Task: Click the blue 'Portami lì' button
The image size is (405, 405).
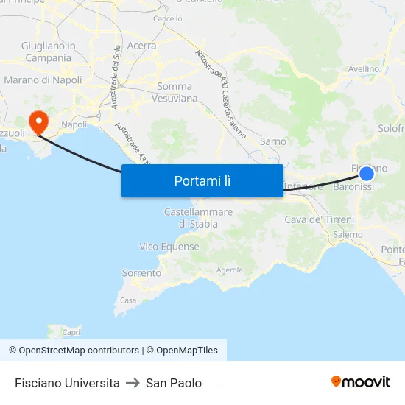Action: click(202, 180)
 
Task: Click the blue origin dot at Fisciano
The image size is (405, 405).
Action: click(367, 173)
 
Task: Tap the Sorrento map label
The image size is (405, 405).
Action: click(141, 273)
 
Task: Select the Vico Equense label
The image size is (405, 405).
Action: click(169, 247)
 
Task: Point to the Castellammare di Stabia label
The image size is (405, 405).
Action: click(198, 218)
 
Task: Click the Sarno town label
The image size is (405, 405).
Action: click(273, 141)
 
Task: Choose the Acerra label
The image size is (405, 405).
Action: click(141, 46)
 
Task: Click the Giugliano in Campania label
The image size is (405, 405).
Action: click(49, 52)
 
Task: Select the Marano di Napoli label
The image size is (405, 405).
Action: click(43, 80)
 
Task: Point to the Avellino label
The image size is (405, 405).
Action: click(364, 69)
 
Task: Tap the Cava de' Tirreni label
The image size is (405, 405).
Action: click(319, 219)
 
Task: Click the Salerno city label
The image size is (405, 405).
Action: click(348, 235)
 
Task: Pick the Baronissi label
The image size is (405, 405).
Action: click(353, 187)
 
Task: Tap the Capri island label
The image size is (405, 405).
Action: click(71, 332)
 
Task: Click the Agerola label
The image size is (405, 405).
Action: click(230, 270)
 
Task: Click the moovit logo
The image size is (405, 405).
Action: click(361, 382)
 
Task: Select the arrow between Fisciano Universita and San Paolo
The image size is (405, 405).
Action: click(133, 383)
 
